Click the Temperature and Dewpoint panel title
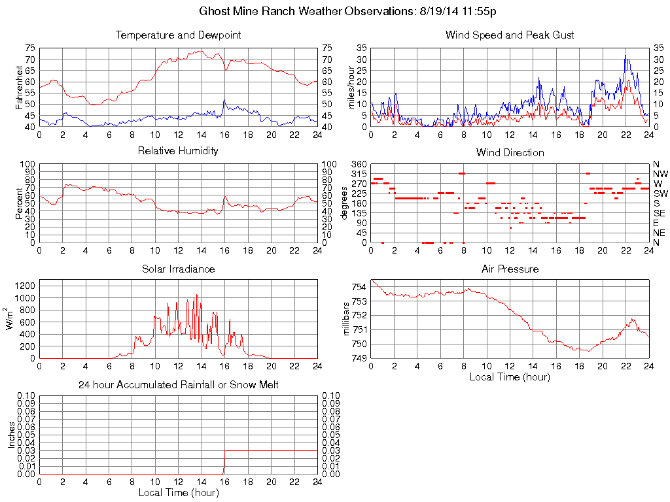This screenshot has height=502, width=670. (178, 35)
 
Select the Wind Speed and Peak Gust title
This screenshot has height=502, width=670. (510, 35)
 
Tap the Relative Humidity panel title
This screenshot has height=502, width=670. (178, 151)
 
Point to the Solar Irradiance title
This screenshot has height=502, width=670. (178, 269)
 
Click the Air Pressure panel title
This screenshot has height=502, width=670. (510, 269)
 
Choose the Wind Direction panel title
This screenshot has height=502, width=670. (510, 152)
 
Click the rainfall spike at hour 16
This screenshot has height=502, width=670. (224, 465)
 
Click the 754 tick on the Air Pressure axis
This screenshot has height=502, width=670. (359, 287)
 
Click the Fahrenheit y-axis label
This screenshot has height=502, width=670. (19, 87)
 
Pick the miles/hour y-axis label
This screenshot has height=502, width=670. (351, 87)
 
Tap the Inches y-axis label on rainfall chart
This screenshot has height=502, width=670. (12, 435)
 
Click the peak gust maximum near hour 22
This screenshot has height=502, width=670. (625, 56)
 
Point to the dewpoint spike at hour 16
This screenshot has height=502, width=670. (224, 100)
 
